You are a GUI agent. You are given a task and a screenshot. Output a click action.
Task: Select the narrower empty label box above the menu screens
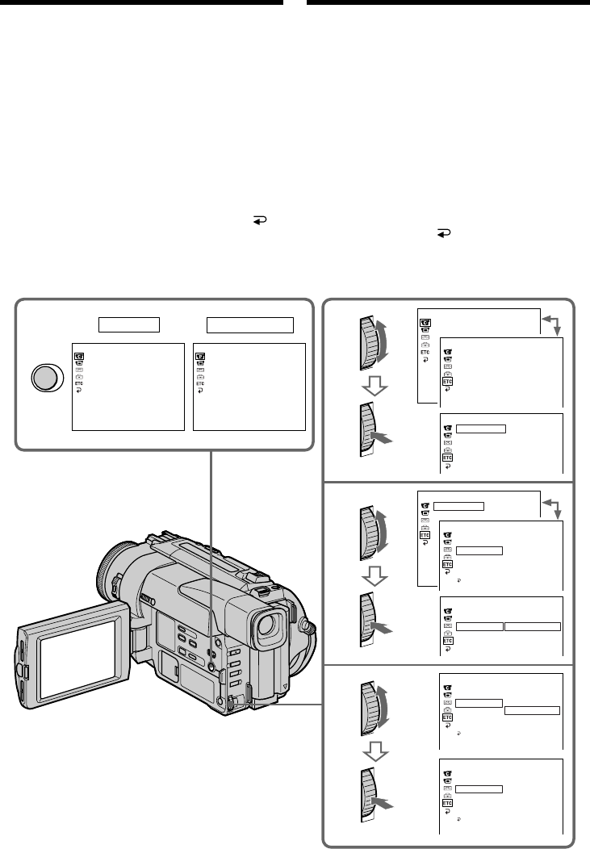click(129, 324)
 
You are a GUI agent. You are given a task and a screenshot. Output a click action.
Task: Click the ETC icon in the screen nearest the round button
click(77, 384)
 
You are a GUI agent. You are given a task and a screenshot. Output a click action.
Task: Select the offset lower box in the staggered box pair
click(532, 709)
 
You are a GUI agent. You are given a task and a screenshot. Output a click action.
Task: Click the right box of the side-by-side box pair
click(532, 626)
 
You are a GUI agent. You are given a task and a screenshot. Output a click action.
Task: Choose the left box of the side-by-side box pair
click(479, 626)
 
